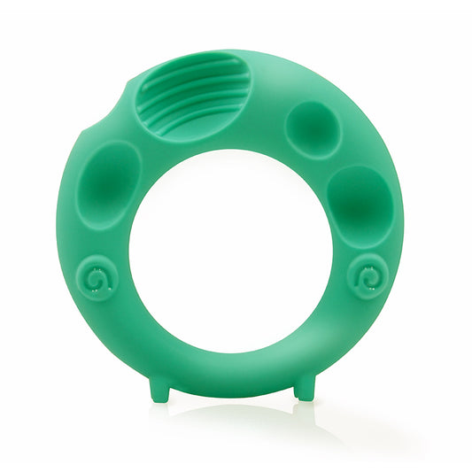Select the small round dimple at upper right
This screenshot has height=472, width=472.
pos(312,128)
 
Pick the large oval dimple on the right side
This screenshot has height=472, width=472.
pos(360,204)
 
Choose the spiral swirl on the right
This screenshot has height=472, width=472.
pos(366,280)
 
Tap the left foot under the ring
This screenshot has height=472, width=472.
pos(160,391)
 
